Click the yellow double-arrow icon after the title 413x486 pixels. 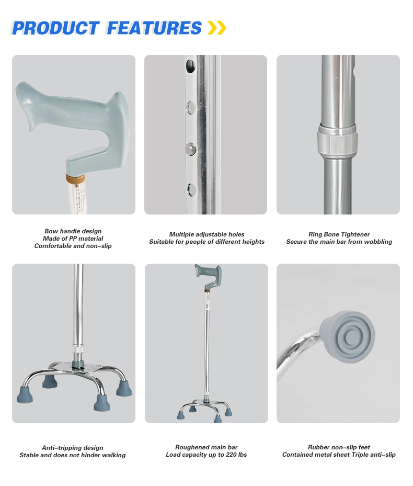(216, 28)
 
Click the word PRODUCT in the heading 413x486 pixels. (55, 28)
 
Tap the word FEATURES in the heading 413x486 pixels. (154, 28)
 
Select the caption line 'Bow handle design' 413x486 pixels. (73, 231)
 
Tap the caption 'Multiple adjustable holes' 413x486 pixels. (206, 234)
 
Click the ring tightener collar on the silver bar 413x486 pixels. (337, 141)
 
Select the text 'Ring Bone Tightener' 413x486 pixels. (339, 234)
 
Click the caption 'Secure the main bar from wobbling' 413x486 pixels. (339, 242)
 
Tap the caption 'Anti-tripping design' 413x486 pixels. (73, 448)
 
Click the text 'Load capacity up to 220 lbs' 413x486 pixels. (206, 455)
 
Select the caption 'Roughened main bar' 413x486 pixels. (206, 448)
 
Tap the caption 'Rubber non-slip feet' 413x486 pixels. (339, 448)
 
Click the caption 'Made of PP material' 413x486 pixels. (73, 239)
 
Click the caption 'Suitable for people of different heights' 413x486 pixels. (206, 242)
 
